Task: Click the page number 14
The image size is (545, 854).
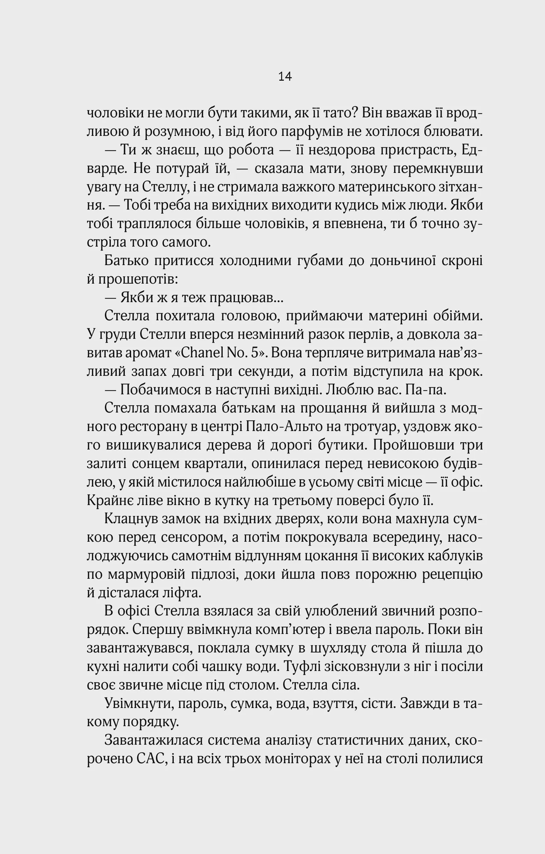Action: click(285, 76)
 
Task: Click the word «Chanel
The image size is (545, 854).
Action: click(199, 353)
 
